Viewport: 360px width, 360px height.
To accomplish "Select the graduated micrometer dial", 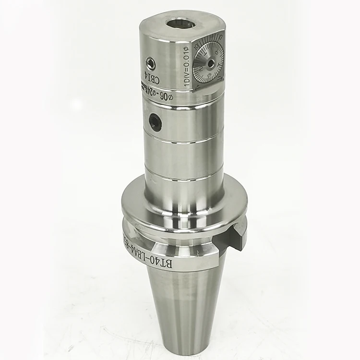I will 210,64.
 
